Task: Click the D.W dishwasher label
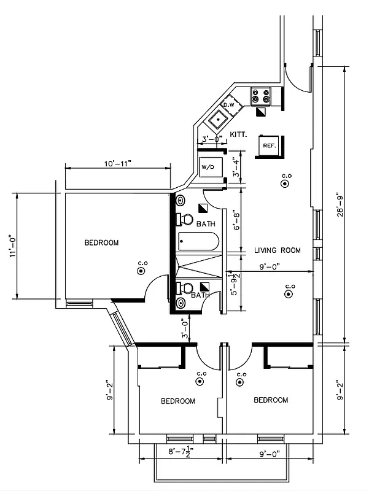point(228,106)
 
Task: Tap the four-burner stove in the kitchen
point(260,96)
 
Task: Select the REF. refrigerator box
point(269,146)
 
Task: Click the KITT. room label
point(238,134)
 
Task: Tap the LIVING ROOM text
point(278,250)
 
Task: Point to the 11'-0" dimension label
point(12,245)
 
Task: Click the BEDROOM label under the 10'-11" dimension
point(101,243)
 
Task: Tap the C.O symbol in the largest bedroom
point(142,269)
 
